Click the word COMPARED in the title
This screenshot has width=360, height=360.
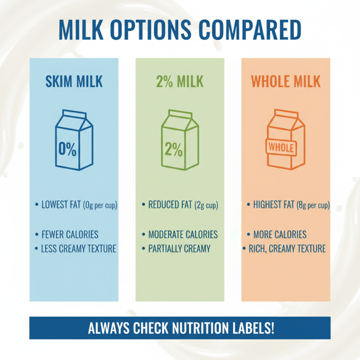click(251, 29)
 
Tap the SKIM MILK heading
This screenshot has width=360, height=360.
click(74, 81)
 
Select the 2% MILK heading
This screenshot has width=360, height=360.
click(180, 81)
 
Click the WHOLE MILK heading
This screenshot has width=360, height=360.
click(286, 81)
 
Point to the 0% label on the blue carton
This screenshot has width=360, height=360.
click(67, 149)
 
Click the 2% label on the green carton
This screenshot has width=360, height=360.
click(173, 149)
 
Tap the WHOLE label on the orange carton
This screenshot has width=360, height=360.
click(281, 147)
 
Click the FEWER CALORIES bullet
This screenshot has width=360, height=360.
click(70, 234)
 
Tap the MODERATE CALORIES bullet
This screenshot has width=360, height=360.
click(183, 234)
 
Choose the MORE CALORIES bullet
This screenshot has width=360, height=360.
click(280, 234)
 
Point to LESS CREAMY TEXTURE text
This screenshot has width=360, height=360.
click(79, 248)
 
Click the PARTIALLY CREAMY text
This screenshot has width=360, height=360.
click(179, 248)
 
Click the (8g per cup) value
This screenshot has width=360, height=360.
click(313, 206)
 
